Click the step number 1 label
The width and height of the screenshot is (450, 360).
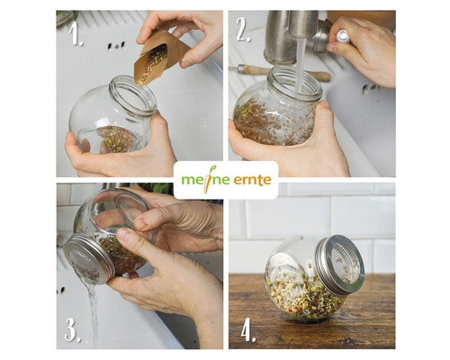(x=75, y=34)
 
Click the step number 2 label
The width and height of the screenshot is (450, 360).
(x=243, y=30)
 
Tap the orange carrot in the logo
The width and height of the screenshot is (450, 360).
(x=208, y=179)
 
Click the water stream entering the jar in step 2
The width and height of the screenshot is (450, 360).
(x=301, y=65)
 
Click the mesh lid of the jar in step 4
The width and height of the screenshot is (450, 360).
(x=341, y=264)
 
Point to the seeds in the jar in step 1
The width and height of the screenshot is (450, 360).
(x=116, y=139)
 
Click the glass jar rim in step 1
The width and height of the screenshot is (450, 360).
(x=133, y=96)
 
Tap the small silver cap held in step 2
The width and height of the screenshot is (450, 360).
(x=343, y=37)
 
